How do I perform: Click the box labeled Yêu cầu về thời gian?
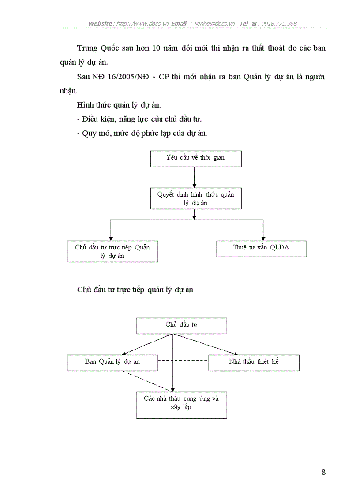(x=196, y=158)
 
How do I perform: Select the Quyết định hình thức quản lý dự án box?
(x=196, y=198)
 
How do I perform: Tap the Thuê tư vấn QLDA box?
(x=261, y=248)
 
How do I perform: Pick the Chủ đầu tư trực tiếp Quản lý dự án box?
(x=112, y=252)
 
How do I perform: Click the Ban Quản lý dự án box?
(x=112, y=362)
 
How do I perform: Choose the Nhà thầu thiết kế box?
(x=254, y=362)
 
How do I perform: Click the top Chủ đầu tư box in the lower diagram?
(x=181, y=325)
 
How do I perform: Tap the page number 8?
(x=323, y=472)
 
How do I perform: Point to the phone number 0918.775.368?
(x=279, y=23)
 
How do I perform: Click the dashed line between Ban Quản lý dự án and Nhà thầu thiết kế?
(x=183, y=361)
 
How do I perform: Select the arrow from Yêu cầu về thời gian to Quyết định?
(x=194, y=177)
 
